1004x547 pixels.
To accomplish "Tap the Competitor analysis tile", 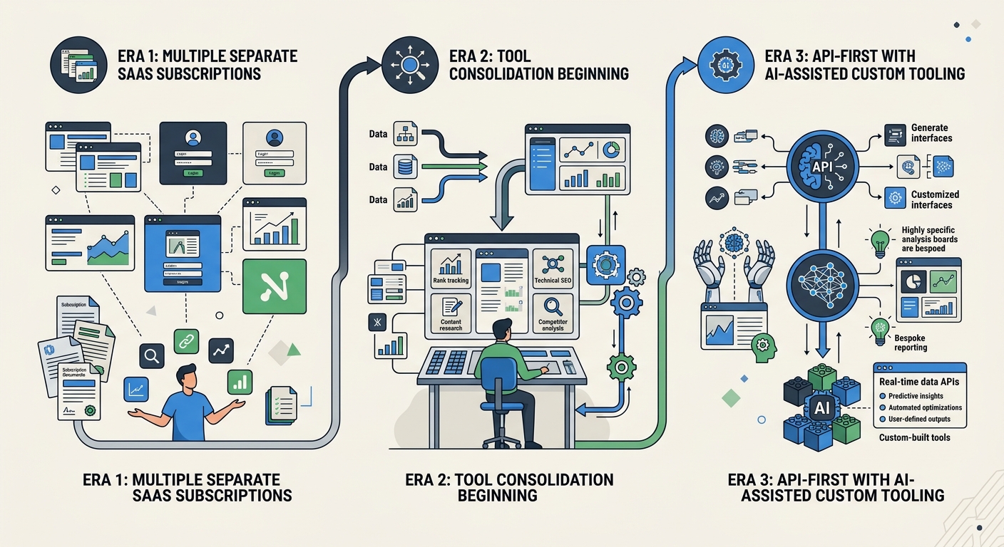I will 553,313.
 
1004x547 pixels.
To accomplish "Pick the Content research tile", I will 451,313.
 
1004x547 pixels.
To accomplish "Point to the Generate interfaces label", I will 931,132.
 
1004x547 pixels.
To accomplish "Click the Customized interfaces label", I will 935,199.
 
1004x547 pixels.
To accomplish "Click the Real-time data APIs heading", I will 918,382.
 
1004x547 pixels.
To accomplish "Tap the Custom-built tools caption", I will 914,437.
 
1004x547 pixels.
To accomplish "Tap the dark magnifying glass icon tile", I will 153,355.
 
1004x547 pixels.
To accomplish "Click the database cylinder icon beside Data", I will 404,167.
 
